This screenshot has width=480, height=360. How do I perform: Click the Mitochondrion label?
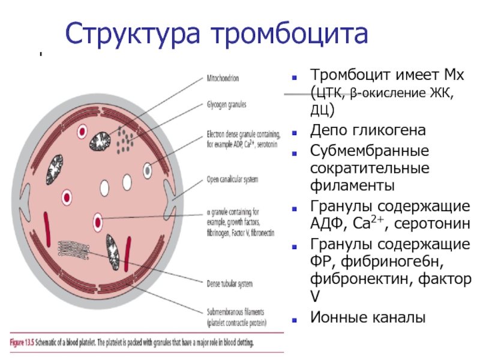point(223,77)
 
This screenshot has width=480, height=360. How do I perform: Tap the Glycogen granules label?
point(226,104)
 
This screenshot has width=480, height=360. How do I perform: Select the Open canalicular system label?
point(232,179)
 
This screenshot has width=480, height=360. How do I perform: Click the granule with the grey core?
point(148,170)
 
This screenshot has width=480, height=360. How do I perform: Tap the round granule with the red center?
point(98,220)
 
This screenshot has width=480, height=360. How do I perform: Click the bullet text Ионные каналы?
point(367,317)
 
